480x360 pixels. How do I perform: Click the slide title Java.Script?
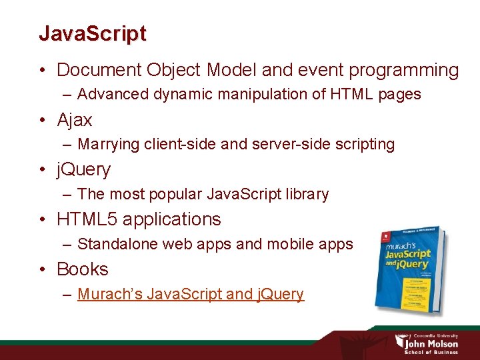click(92, 33)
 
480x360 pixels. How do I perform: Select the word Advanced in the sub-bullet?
click(113, 94)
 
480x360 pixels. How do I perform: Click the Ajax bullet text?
click(75, 120)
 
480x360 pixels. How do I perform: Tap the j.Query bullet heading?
click(83, 169)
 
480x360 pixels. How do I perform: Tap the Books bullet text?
click(83, 269)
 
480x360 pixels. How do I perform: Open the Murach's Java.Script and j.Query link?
click(191, 294)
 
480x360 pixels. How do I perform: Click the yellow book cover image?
click(410, 271)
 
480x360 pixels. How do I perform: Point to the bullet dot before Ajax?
click(42, 121)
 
